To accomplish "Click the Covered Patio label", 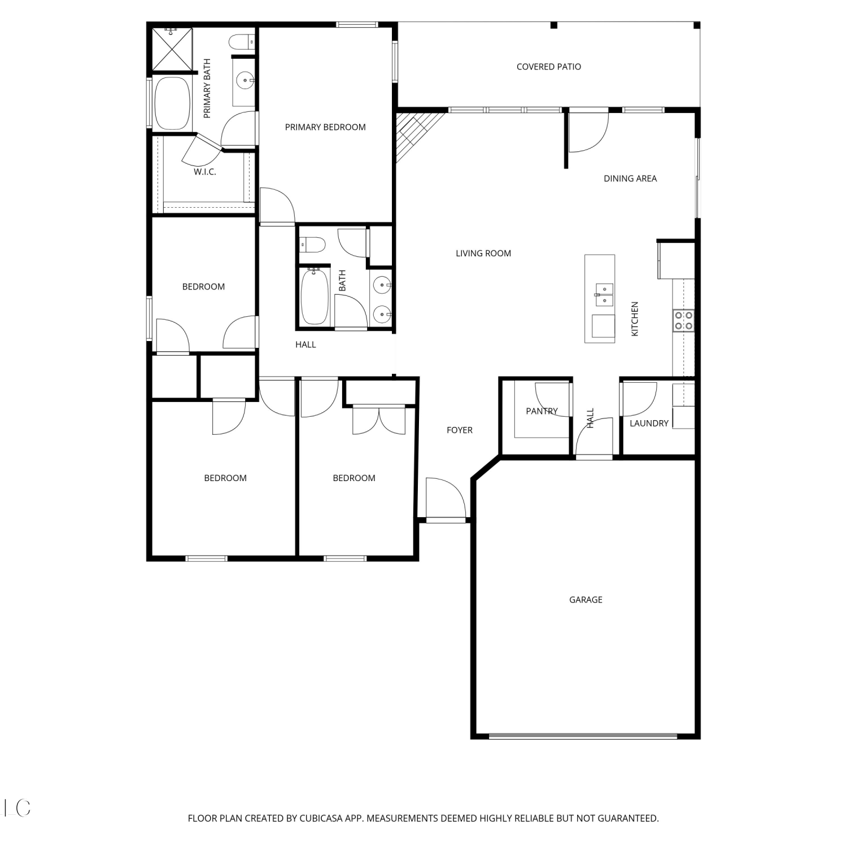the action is point(548,67).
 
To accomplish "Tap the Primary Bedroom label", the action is point(325,127).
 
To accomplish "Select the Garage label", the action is point(586,600).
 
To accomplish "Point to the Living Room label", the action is point(483,254).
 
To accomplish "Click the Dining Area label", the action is point(630,178).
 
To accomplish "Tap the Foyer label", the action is point(460,430).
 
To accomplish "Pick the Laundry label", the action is point(649,423).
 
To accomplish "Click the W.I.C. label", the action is point(205,172).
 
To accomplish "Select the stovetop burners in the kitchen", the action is point(684,320).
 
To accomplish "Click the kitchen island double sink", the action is point(605,295).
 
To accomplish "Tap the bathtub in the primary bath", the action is point(172,103).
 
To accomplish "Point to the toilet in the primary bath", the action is point(242,42).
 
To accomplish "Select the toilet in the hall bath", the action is point(312,245).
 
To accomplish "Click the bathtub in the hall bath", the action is point(315,296).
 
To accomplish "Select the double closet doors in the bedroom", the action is point(379,421).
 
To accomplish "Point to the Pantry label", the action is point(542,411).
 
